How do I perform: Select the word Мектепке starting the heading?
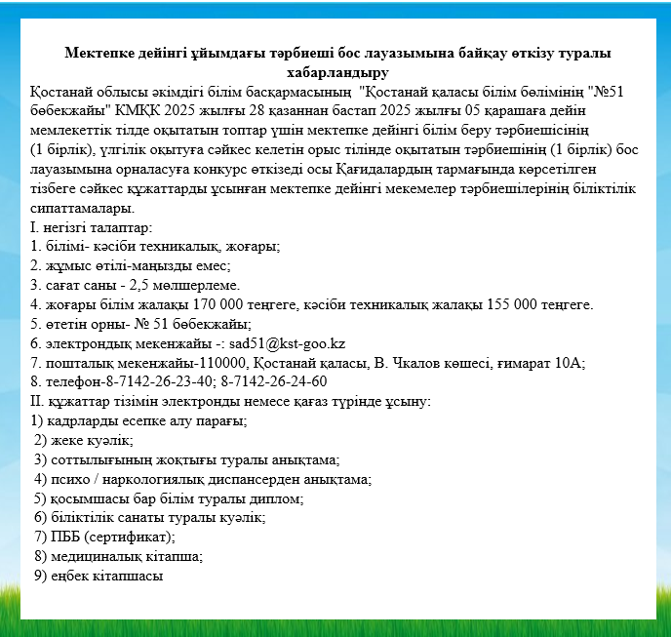pyautogui.click(x=98, y=54)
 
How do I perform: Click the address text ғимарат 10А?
pyautogui.click(x=545, y=362)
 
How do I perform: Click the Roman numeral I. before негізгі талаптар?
pyautogui.click(x=34, y=227)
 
